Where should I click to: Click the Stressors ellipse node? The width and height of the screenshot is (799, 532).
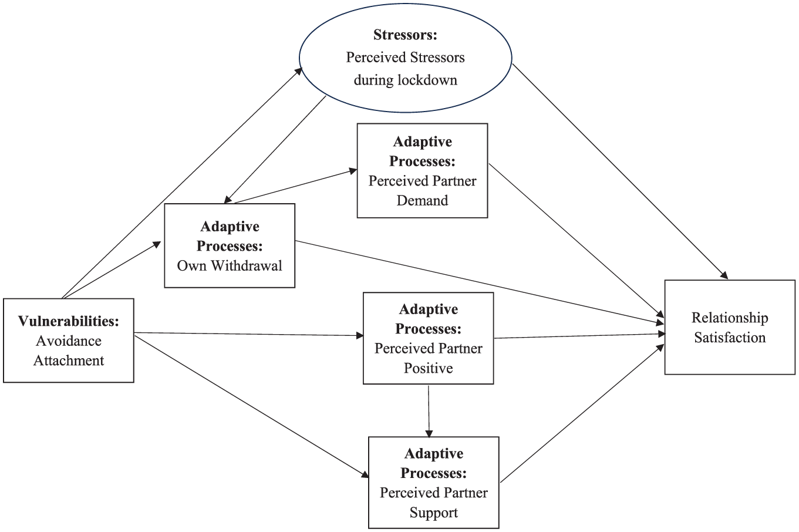(406, 58)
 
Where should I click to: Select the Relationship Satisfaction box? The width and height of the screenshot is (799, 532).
(730, 327)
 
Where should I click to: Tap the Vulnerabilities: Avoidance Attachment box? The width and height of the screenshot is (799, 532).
(69, 341)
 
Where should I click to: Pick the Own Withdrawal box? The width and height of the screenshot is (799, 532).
(230, 245)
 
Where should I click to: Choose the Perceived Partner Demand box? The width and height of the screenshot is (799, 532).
(422, 170)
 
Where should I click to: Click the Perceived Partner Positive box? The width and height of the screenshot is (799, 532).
(429, 338)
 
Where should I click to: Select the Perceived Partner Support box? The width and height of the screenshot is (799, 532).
(434, 483)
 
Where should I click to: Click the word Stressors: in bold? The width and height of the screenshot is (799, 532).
(406, 35)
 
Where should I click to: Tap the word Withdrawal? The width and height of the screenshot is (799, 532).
(247, 265)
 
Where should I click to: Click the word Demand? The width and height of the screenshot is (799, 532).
(422, 200)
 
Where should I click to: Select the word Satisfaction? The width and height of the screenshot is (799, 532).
(730, 337)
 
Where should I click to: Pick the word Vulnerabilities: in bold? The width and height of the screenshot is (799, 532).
(69, 321)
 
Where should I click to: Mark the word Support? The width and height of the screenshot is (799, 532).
(434, 513)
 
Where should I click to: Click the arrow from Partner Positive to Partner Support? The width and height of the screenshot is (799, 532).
(429, 411)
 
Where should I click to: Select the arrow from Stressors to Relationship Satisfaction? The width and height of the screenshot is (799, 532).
(620, 171)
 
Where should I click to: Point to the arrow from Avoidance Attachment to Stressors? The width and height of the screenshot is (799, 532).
(182, 183)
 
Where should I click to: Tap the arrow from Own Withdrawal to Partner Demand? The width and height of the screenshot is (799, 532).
(295, 186)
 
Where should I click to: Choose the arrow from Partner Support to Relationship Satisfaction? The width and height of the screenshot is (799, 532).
(582, 413)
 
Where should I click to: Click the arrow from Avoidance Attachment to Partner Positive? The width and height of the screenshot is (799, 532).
(249, 334)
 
